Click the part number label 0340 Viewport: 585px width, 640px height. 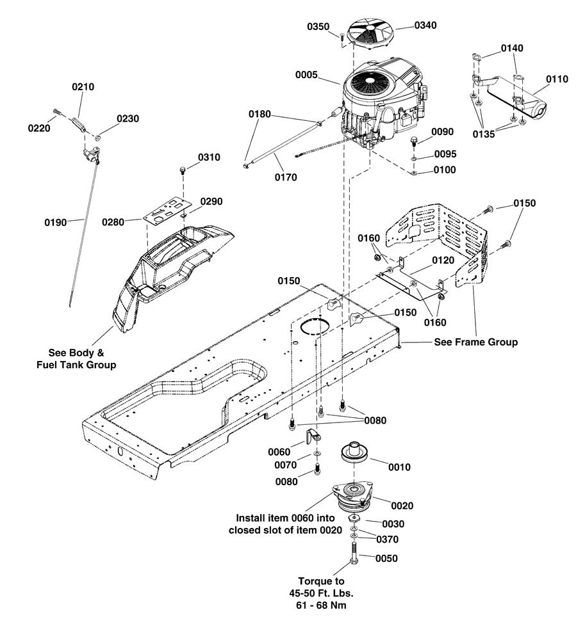pyautogui.click(x=425, y=26)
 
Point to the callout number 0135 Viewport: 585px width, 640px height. pyautogui.click(x=484, y=134)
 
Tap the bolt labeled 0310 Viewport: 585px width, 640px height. pyautogui.click(x=183, y=170)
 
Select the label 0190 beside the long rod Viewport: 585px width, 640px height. pyautogui.click(x=56, y=222)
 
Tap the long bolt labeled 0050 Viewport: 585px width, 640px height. pyautogui.click(x=354, y=553)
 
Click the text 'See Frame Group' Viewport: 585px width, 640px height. pyautogui.click(x=475, y=342)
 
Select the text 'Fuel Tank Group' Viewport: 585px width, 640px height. pyautogui.click(x=76, y=365)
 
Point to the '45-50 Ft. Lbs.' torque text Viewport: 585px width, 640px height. pyautogui.click(x=321, y=593)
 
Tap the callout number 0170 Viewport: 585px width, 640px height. pyautogui.click(x=286, y=177)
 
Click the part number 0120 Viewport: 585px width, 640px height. pyautogui.click(x=443, y=260)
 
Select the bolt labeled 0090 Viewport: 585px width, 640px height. pyautogui.click(x=413, y=141)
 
